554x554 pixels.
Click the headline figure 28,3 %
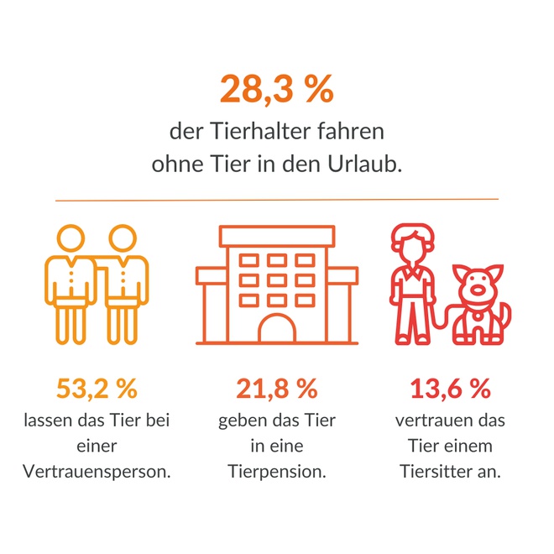[276, 89]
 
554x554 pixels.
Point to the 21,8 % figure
[276, 389]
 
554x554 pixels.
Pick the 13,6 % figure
[450, 389]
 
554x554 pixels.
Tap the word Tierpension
[276, 472]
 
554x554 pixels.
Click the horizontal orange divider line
[276, 200]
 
